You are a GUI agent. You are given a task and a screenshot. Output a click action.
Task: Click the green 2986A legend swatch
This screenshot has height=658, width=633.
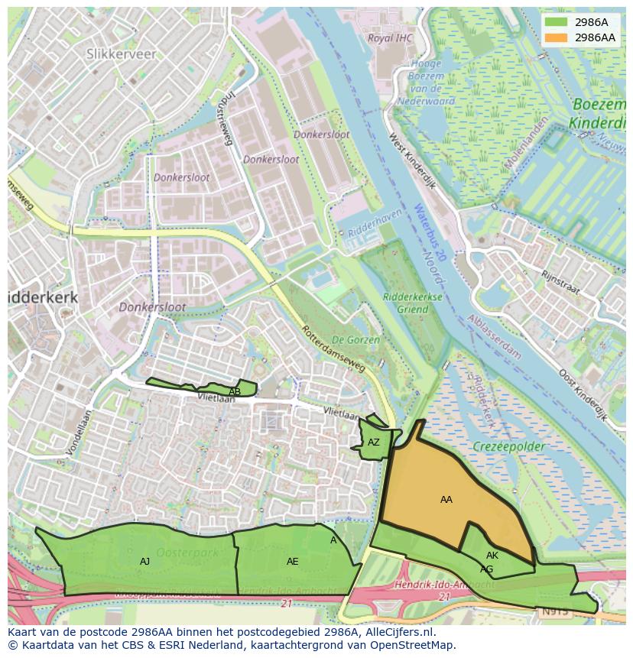[x=556, y=23]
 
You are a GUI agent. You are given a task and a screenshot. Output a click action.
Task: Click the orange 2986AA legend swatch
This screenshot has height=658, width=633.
[x=556, y=37]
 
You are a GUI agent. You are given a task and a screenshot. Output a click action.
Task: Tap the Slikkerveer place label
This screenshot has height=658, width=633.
[x=121, y=53]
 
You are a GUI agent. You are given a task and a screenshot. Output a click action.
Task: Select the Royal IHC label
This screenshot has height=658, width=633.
[x=390, y=37]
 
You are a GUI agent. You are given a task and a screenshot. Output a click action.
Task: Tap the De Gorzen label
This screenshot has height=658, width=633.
[x=350, y=339]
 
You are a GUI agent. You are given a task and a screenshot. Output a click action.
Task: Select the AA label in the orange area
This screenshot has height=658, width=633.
[x=446, y=500]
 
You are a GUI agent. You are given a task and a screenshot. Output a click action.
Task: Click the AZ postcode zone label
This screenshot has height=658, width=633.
[x=373, y=442]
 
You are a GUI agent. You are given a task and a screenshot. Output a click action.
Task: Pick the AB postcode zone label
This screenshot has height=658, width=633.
[x=235, y=392]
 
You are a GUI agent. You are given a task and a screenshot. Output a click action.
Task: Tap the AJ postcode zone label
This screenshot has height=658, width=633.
[x=144, y=562]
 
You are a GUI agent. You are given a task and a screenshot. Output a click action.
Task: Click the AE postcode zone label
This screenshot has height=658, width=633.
[x=292, y=562]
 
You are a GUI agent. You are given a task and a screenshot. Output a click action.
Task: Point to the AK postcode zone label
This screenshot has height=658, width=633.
[x=492, y=556]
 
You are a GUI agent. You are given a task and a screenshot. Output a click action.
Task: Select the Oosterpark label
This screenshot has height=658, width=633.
[x=187, y=552]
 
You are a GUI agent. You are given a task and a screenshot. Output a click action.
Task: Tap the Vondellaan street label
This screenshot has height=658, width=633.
[x=78, y=433]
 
